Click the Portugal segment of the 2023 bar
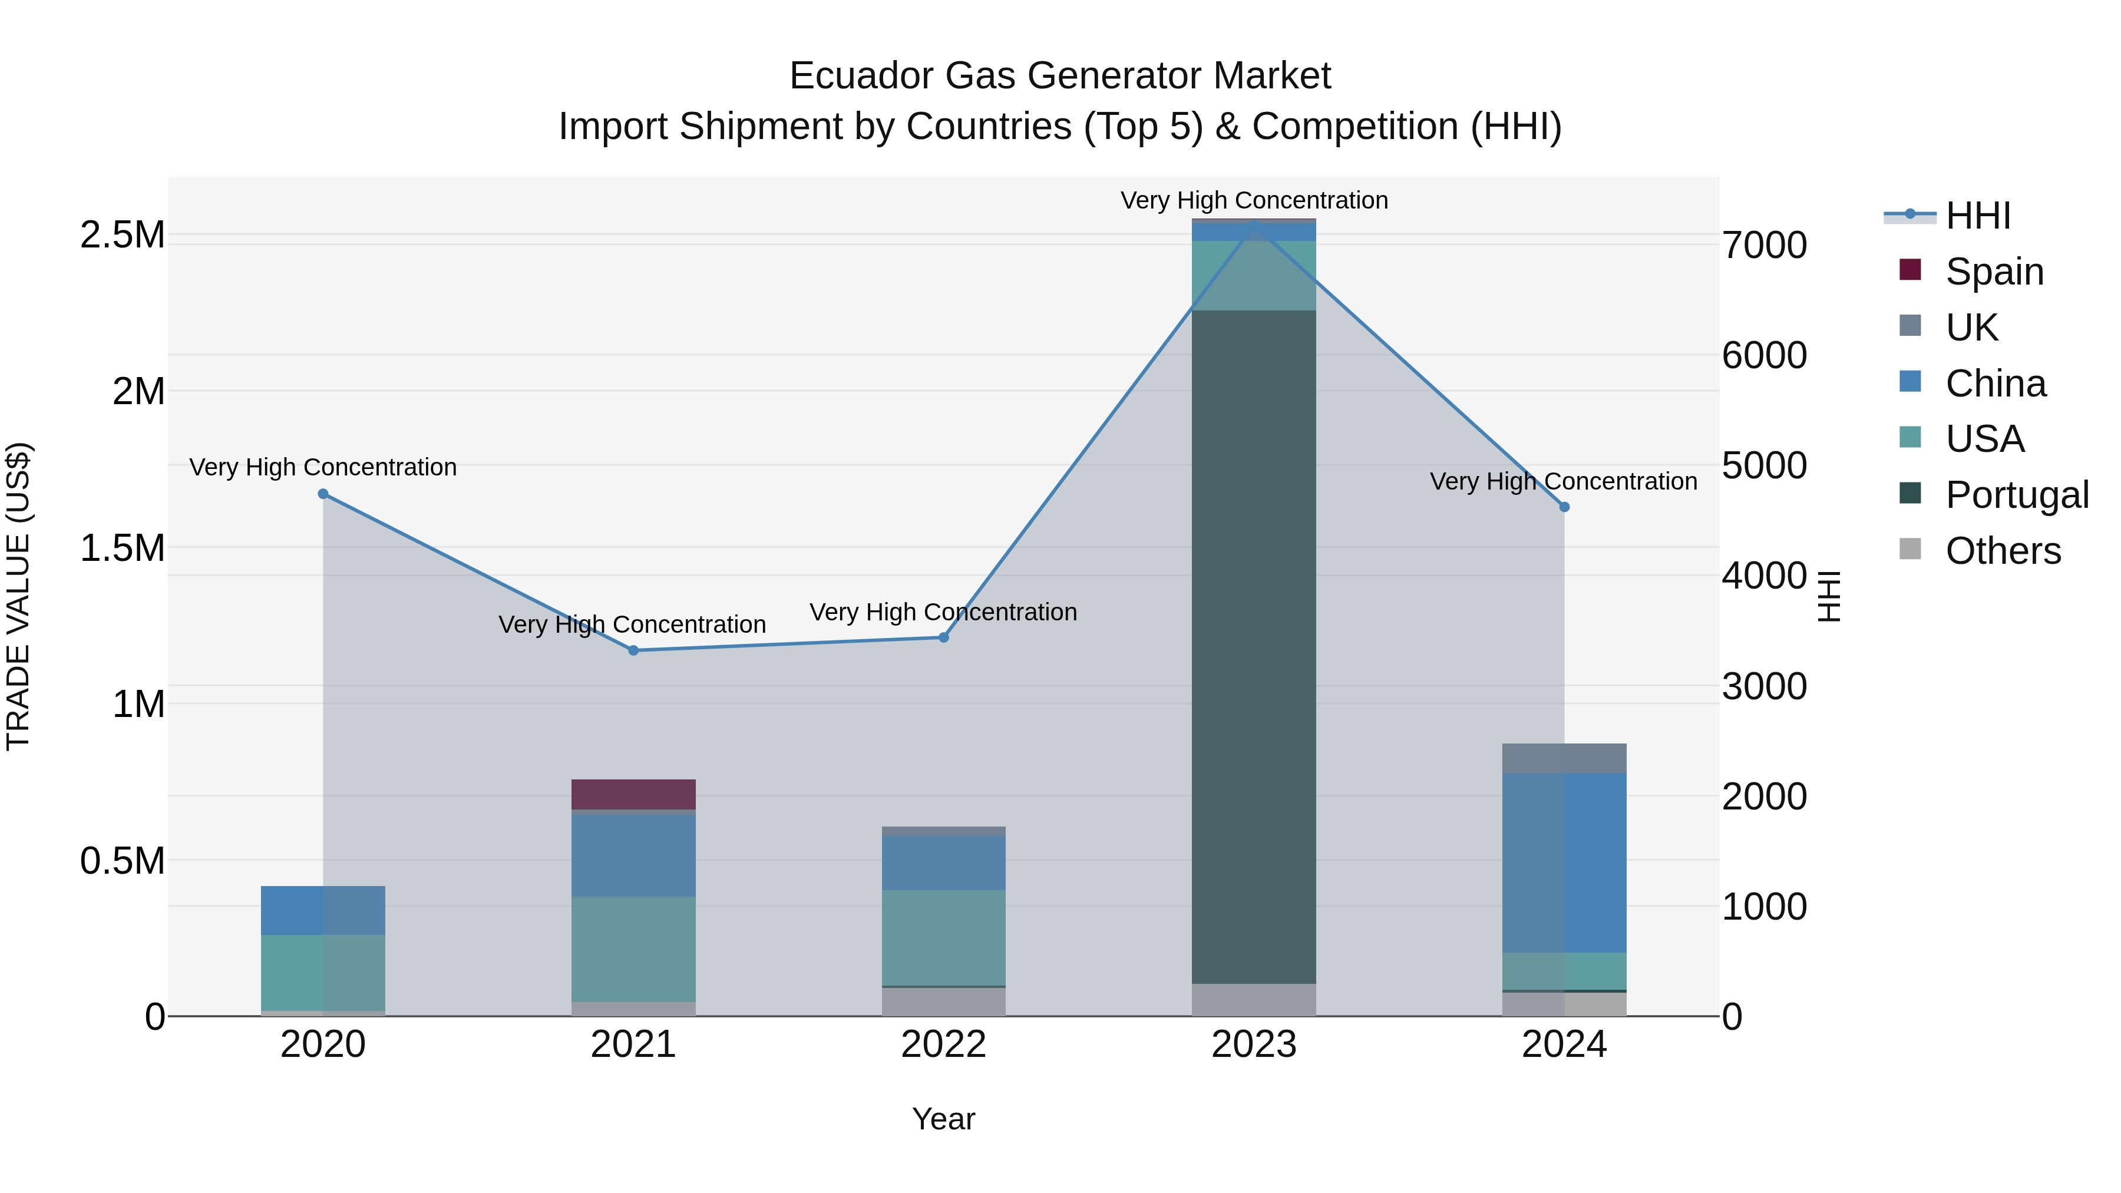click(x=1253, y=646)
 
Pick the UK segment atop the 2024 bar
click(x=1564, y=758)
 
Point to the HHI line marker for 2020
click(x=323, y=494)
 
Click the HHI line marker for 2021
click(x=633, y=650)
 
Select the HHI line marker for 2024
click(x=1564, y=507)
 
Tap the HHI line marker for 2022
click(x=944, y=637)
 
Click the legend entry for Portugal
click(x=2017, y=495)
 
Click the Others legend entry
click(x=2003, y=551)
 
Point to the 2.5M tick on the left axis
click(x=122, y=236)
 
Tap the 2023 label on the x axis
click(x=1253, y=1045)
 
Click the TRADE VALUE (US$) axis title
click(x=18, y=596)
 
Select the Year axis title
click(x=944, y=1119)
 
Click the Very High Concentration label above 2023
click(x=1253, y=200)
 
